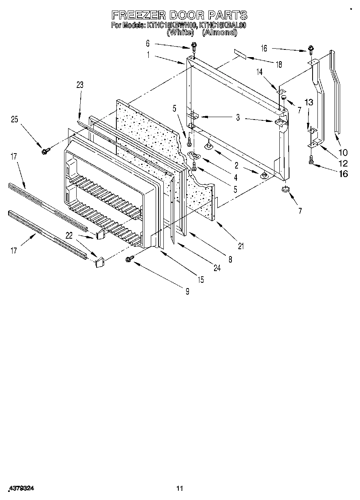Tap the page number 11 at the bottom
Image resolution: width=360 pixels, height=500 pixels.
click(180, 488)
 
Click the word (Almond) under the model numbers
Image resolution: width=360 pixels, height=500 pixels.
click(219, 33)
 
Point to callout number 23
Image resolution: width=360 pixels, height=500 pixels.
click(79, 85)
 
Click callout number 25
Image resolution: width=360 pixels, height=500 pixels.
click(15, 119)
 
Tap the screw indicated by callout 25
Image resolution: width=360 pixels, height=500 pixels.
click(44, 151)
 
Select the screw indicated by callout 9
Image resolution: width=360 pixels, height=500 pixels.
click(131, 258)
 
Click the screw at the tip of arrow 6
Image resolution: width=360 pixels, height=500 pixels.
click(194, 46)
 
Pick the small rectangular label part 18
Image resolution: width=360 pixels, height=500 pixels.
click(240, 55)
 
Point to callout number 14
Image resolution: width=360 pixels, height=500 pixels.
click(259, 71)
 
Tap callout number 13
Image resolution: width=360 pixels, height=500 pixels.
click(309, 103)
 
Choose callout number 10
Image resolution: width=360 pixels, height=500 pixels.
click(343, 153)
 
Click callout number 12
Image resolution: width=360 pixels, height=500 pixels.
click(343, 163)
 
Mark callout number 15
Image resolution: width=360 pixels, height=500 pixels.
click(201, 279)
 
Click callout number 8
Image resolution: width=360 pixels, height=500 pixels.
click(230, 260)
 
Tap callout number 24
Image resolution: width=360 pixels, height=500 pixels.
click(217, 268)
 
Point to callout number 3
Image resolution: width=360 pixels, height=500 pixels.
click(238, 118)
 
